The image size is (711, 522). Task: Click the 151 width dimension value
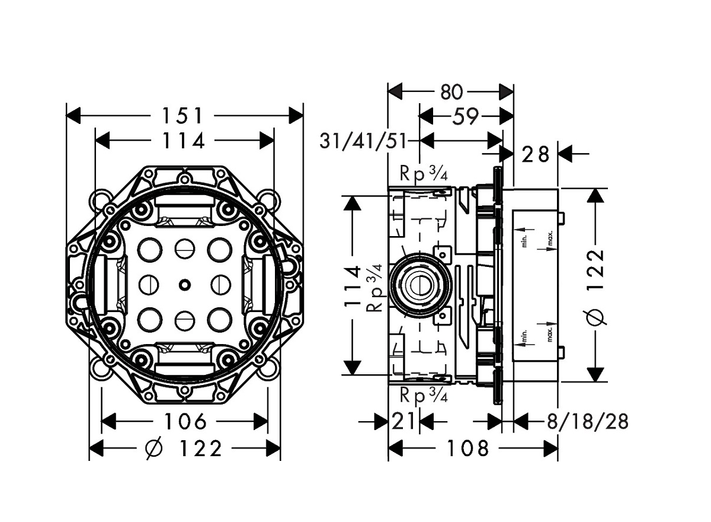(184, 114)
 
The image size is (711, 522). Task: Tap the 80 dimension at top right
(451, 92)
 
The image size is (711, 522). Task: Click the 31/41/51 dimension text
(363, 141)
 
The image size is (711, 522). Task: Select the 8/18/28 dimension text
(587, 422)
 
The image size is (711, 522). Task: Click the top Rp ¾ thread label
(422, 174)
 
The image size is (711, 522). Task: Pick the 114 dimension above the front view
(184, 141)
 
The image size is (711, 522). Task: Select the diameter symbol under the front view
(153, 449)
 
